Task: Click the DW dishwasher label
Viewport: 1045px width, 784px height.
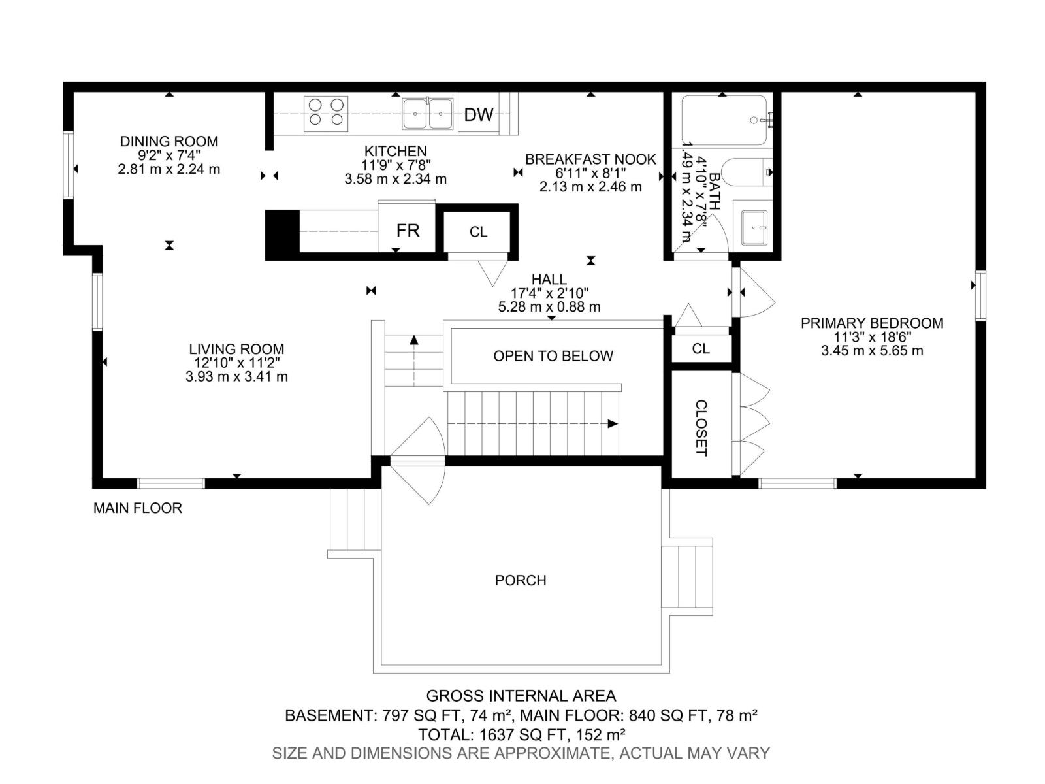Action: click(x=479, y=115)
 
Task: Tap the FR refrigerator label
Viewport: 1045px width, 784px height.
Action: click(x=408, y=231)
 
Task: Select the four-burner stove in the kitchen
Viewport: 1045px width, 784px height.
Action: click(x=326, y=113)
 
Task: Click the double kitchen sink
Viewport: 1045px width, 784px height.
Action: click(x=428, y=114)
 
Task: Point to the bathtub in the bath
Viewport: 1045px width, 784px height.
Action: click(x=724, y=120)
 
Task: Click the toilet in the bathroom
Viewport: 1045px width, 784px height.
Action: click(x=747, y=172)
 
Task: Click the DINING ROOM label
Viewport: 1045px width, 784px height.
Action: click(x=169, y=141)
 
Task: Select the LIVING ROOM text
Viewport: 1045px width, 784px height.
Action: click(x=236, y=349)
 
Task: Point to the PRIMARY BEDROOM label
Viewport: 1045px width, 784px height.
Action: click(x=872, y=323)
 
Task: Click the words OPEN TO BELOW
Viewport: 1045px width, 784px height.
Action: click(x=553, y=356)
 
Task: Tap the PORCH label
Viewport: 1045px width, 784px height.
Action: click(x=521, y=580)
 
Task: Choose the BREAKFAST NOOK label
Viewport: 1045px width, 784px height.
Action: click(x=590, y=159)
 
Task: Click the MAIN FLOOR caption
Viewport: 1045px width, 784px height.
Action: click(x=138, y=508)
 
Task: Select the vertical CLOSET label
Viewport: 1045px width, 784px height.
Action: click(x=701, y=428)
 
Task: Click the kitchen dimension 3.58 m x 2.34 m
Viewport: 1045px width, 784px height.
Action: click(x=396, y=179)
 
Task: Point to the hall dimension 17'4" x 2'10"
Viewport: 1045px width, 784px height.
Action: click(x=549, y=293)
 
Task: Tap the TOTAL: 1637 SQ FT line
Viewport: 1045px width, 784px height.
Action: click(x=522, y=734)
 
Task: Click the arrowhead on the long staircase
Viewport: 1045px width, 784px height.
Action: click(x=613, y=423)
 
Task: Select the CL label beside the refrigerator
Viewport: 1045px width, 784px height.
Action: click(x=479, y=232)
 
